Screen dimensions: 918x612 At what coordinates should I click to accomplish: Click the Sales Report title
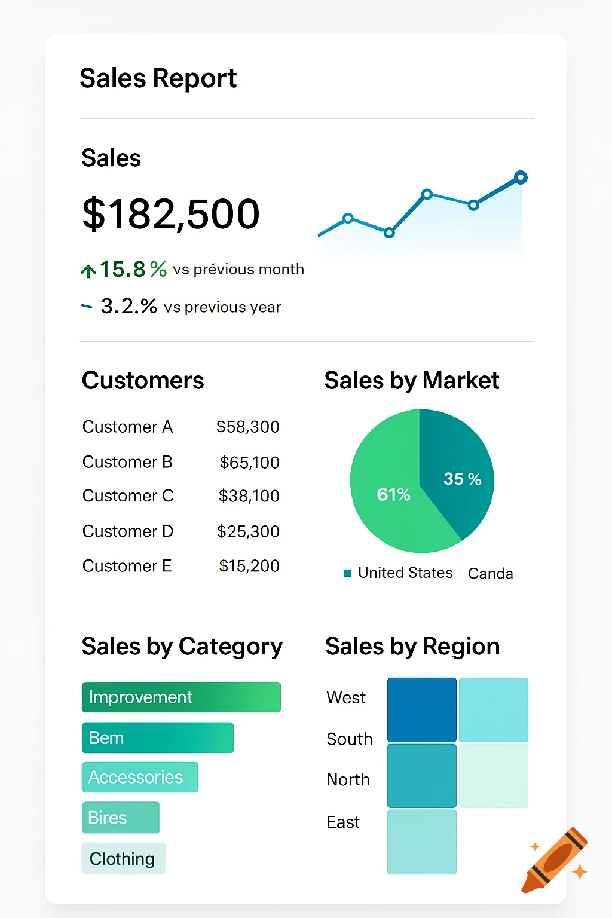click(x=158, y=78)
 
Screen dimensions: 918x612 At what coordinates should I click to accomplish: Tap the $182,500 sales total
click(x=171, y=213)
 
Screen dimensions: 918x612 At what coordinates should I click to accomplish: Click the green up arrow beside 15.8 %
click(x=88, y=271)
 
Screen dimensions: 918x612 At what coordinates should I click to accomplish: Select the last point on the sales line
click(x=521, y=177)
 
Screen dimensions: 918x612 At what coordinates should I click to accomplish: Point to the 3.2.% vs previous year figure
click(x=128, y=306)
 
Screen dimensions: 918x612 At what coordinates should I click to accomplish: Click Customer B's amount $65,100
click(x=249, y=462)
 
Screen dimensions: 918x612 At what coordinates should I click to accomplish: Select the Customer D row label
click(x=128, y=531)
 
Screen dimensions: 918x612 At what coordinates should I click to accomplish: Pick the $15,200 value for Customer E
click(x=249, y=565)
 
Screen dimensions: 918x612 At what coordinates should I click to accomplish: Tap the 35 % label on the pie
click(x=462, y=479)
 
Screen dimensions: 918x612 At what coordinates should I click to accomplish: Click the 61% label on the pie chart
click(x=393, y=494)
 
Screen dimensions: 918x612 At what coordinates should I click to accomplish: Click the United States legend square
click(x=347, y=573)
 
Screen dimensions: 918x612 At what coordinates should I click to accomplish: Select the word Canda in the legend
click(x=490, y=573)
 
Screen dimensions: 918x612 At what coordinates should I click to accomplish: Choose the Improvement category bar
click(x=181, y=697)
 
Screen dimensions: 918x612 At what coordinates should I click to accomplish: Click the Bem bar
click(x=158, y=738)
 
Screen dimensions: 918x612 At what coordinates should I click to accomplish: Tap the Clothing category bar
click(x=123, y=858)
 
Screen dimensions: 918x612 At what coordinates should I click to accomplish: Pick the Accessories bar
click(x=140, y=777)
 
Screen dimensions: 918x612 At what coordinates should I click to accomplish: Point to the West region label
click(x=346, y=697)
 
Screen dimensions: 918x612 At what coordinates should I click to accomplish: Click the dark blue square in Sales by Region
click(x=422, y=709)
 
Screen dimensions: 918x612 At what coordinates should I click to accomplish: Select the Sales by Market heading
click(x=412, y=380)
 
